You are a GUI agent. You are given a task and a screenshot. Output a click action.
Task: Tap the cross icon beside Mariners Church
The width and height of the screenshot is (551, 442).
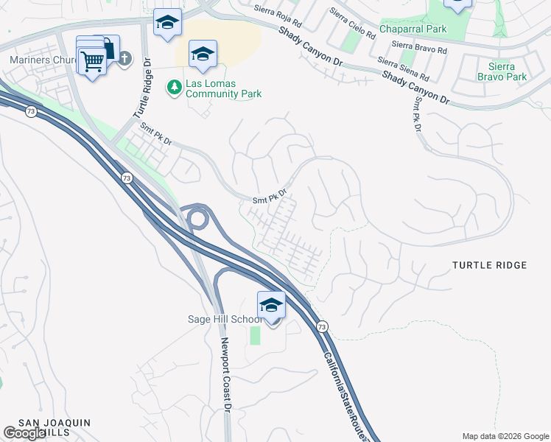coord(124,59)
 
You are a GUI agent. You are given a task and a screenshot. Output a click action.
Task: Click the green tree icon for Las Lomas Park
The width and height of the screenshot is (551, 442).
coord(175,88)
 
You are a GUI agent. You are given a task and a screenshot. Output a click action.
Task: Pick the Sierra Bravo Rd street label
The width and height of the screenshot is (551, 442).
coord(420,46)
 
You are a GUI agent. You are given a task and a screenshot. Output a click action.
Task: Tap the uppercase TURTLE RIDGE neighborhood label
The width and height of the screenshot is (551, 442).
coord(489,265)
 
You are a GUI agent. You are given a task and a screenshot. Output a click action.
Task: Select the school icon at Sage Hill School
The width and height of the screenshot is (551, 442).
coord(271,305)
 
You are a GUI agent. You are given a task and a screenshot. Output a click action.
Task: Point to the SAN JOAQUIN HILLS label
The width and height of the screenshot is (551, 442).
coord(54,428)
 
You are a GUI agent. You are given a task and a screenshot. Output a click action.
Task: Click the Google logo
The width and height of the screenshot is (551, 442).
coord(24,433)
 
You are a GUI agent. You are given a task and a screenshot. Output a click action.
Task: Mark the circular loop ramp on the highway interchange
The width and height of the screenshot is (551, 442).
coord(197,218)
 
